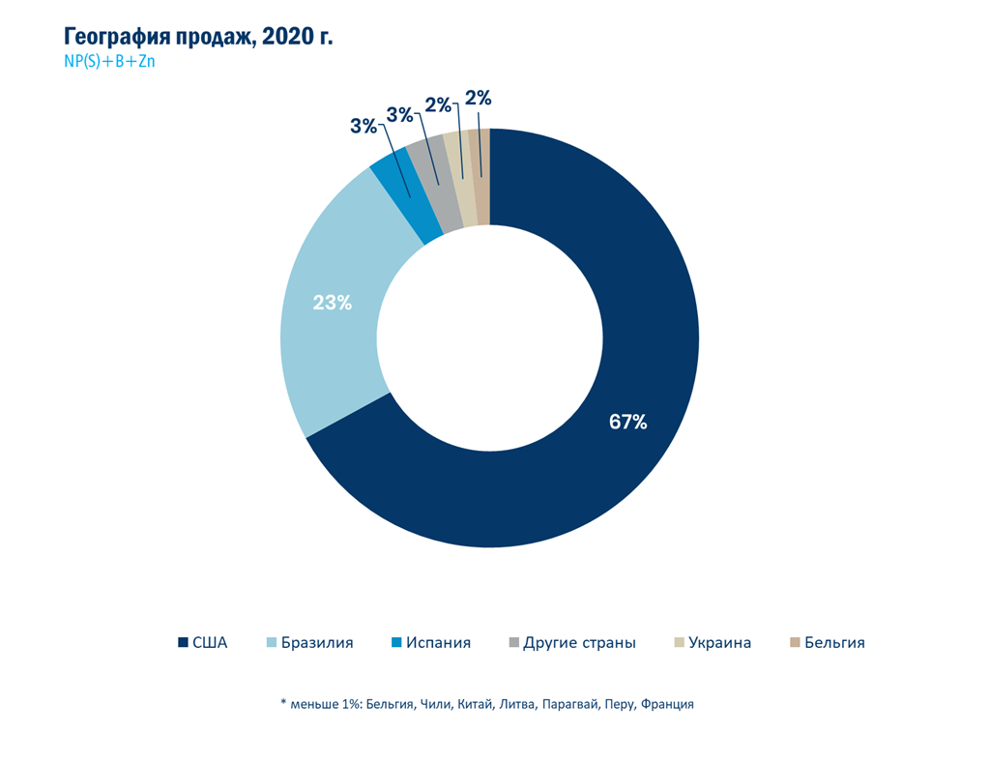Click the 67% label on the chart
[x=627, y=422]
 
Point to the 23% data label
[x=332, y=303]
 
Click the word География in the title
[x=122, y=38]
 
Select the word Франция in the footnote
[x=668, y=704]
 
